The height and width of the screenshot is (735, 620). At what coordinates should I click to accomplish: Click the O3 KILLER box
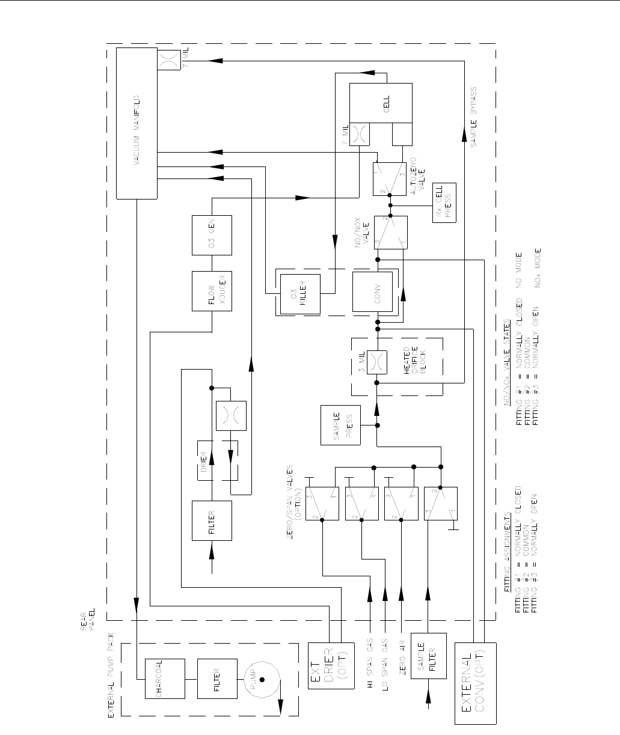(x=298, y=291)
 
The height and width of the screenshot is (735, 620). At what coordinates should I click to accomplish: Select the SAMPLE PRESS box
(x=340, y=425)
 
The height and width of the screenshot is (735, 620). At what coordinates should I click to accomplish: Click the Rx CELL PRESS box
(x=444, y=202)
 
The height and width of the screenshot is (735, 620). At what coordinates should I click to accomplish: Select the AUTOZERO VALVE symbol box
(x=390, y=180)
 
